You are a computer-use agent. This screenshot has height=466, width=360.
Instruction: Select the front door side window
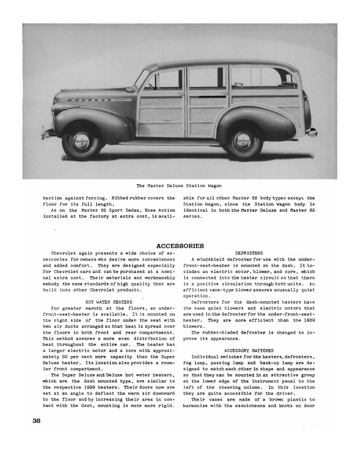[x=165, y=79]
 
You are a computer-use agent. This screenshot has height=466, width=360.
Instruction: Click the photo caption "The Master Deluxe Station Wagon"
[x=179, y=186]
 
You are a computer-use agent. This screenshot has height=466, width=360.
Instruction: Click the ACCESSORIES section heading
[x=180, y=245]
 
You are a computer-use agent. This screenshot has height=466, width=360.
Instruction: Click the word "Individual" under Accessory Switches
[x=205, y=358]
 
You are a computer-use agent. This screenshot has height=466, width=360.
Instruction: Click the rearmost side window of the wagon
[x=262, y=77]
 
